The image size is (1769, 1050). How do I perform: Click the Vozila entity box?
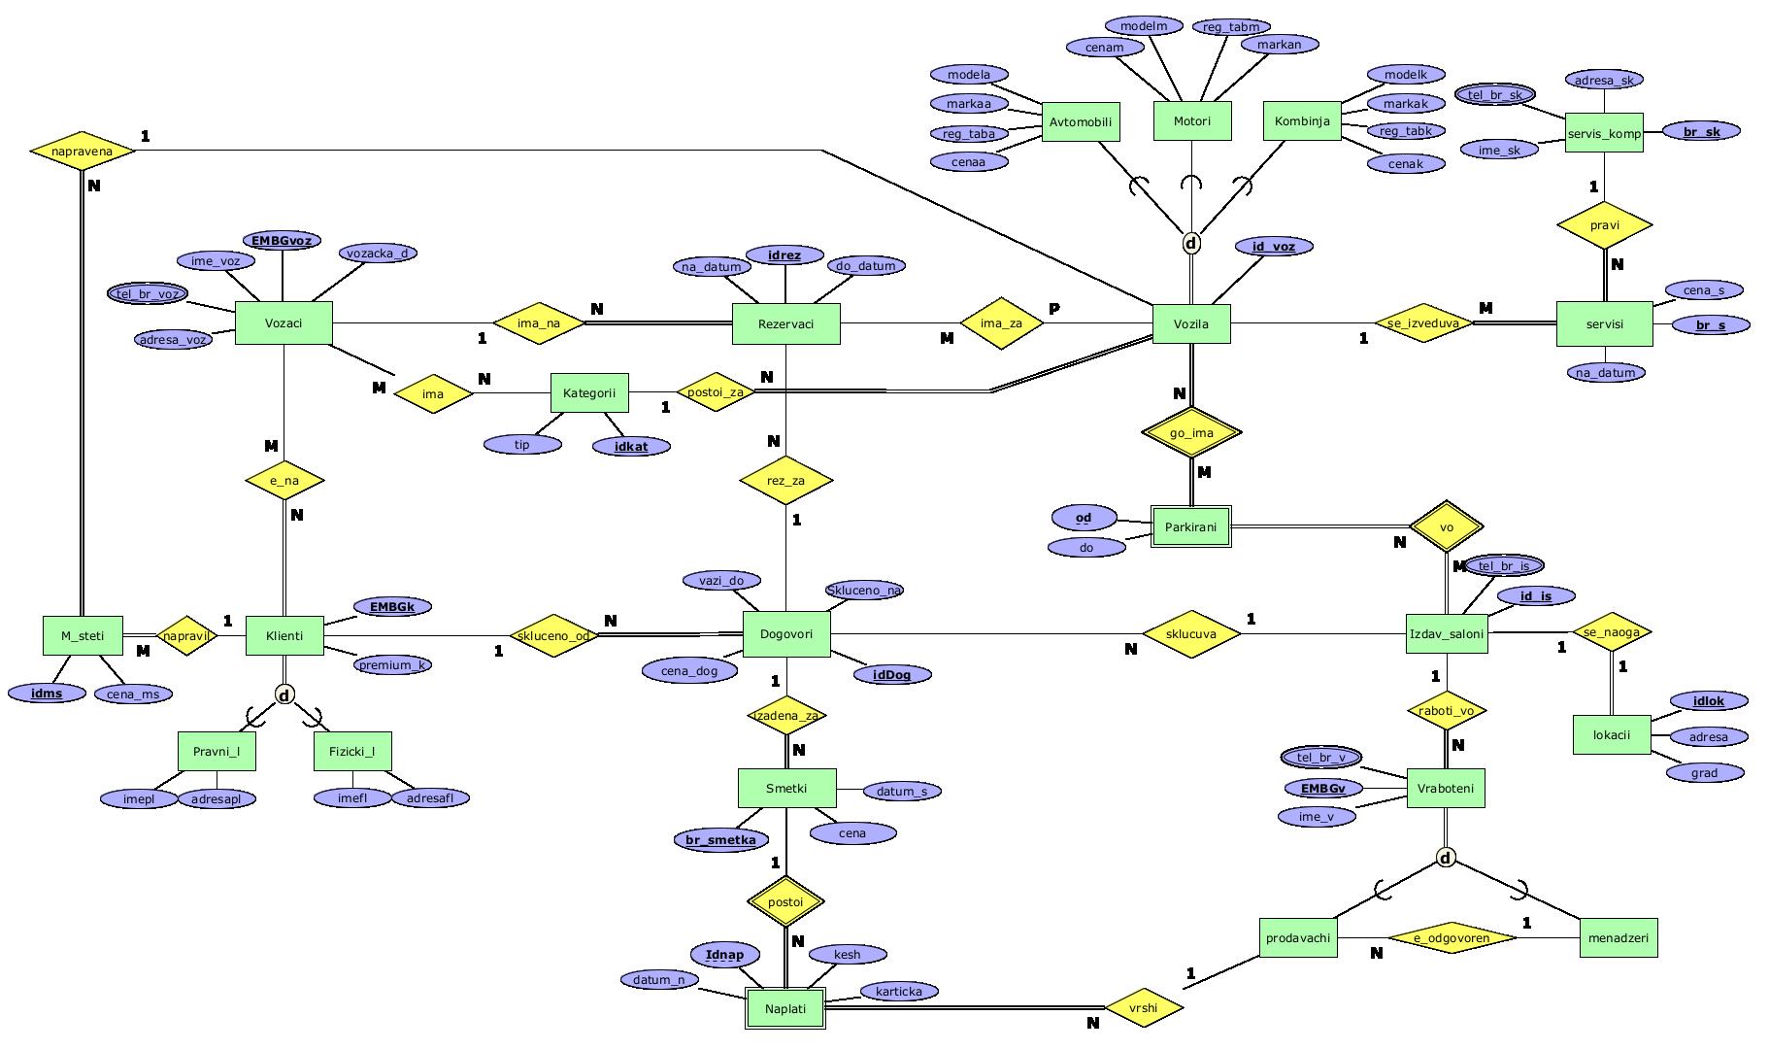[1191, 323]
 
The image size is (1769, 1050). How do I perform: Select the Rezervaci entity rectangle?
[785, 323]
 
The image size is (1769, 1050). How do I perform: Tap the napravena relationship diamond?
[83, 151]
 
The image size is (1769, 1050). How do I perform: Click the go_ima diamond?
[1191, 433]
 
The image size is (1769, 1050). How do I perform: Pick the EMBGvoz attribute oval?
[281, 240]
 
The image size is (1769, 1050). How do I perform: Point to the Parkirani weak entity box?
[1191, 527]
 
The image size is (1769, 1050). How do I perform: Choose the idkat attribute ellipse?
[631, 446]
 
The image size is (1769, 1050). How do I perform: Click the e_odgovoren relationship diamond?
[1451, 938]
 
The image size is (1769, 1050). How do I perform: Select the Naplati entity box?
[784, 1008]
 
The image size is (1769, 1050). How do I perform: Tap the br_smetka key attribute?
[720, 839]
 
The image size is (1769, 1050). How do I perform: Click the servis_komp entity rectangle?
[1604, 133]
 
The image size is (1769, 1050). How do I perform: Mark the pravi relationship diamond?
[1604, 225]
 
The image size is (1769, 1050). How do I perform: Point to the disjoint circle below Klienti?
[284, 694]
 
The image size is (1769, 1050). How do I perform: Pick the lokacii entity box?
[1611, 734]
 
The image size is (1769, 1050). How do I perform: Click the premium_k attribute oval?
[392, 664]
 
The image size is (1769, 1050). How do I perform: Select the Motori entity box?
[1191, 121]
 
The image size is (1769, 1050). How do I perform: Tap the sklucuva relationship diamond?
[1191, 634]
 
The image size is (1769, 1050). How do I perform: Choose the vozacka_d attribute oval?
[378, 253]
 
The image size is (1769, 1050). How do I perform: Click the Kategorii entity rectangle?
[589, 393]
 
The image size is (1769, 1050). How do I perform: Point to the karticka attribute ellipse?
[898, 991]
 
